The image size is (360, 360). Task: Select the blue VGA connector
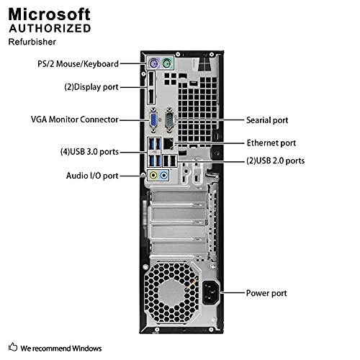click(x=154, y=120)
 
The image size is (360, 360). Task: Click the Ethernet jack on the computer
click(x=168, y=143)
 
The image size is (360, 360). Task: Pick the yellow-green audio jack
click(x=153, y=174)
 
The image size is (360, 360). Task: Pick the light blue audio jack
click(x=165, y=174)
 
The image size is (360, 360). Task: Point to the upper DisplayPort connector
click(x=153, y=81)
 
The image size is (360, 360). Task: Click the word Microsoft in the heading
click(x=50, y=14)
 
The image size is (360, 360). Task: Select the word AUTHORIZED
click(x=50, y=29)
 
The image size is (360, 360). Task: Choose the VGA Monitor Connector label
click(x=74, y=120)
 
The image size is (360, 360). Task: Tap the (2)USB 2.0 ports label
click(x=275, y=160)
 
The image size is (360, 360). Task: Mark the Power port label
click(x=266, y=293)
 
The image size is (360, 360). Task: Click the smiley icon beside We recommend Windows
click(x=13, y=348)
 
